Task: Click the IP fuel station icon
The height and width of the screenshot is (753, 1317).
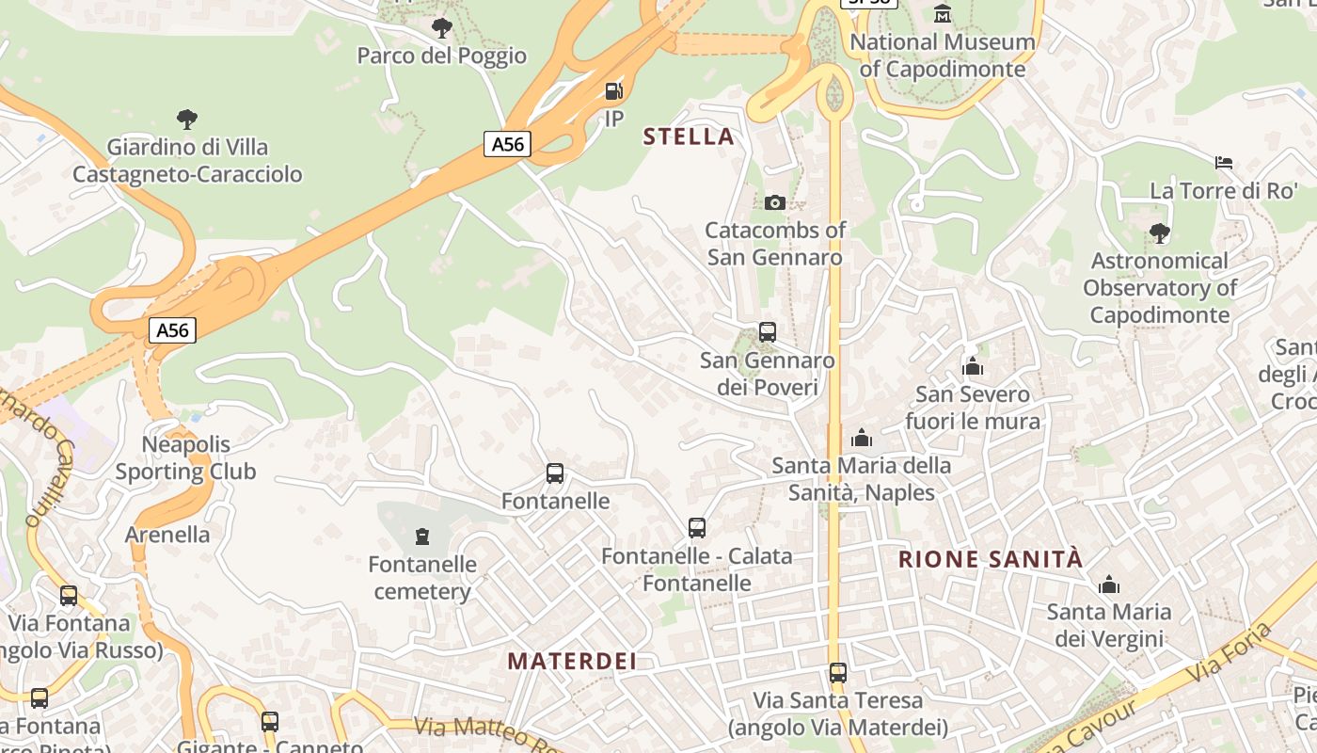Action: (x=613, y=91)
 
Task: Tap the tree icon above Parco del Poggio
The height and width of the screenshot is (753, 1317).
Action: (x=442, y=28)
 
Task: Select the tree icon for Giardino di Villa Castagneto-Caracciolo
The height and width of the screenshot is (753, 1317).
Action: (x=187, y=120)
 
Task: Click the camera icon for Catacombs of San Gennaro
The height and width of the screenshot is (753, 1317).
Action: (x=775, y=202)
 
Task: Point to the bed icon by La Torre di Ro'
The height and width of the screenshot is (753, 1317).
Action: (x=1224, y=163)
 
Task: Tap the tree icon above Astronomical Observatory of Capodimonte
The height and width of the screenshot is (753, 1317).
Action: (x=1160, y=232)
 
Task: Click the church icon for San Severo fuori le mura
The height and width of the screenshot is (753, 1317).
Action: (x=973, y=366)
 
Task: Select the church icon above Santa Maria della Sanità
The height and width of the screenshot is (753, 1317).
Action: (x=862, y=438)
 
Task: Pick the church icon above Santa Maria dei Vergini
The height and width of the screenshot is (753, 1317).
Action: (x=1110, y=585)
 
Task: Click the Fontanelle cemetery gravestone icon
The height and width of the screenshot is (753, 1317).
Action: (x=422, y=537)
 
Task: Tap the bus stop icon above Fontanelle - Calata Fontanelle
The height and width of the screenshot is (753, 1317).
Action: (x=697, y=528)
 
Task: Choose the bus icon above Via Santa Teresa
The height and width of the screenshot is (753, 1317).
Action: (x=838, y=673)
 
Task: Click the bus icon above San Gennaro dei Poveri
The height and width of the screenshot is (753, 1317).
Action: (x=768, y=332)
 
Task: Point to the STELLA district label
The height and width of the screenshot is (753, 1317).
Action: (x=689, y=137)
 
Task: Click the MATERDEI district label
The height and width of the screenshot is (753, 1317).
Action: (x=572, y=662)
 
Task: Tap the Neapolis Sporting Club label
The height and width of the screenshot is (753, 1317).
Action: (x=185, y=457)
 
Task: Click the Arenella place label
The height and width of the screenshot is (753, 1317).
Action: (x=167, y=535)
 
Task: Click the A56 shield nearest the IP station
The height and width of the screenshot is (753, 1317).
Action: (x=508, y=144)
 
